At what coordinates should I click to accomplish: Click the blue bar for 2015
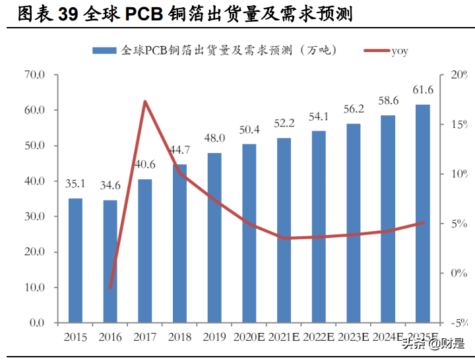point(76,260)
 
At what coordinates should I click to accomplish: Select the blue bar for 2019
point(214,238)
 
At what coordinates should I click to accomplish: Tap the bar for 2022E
point(319,227)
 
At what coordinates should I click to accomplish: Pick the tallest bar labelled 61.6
point(423,214)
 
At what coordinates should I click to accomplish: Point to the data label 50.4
point(249,130)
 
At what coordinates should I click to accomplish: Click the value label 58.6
point(388,101)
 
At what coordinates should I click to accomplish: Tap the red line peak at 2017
point(145,102)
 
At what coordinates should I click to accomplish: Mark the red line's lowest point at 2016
point(111,288)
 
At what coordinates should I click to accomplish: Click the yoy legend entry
point(398,51)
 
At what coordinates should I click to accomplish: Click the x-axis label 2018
point(179,337)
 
